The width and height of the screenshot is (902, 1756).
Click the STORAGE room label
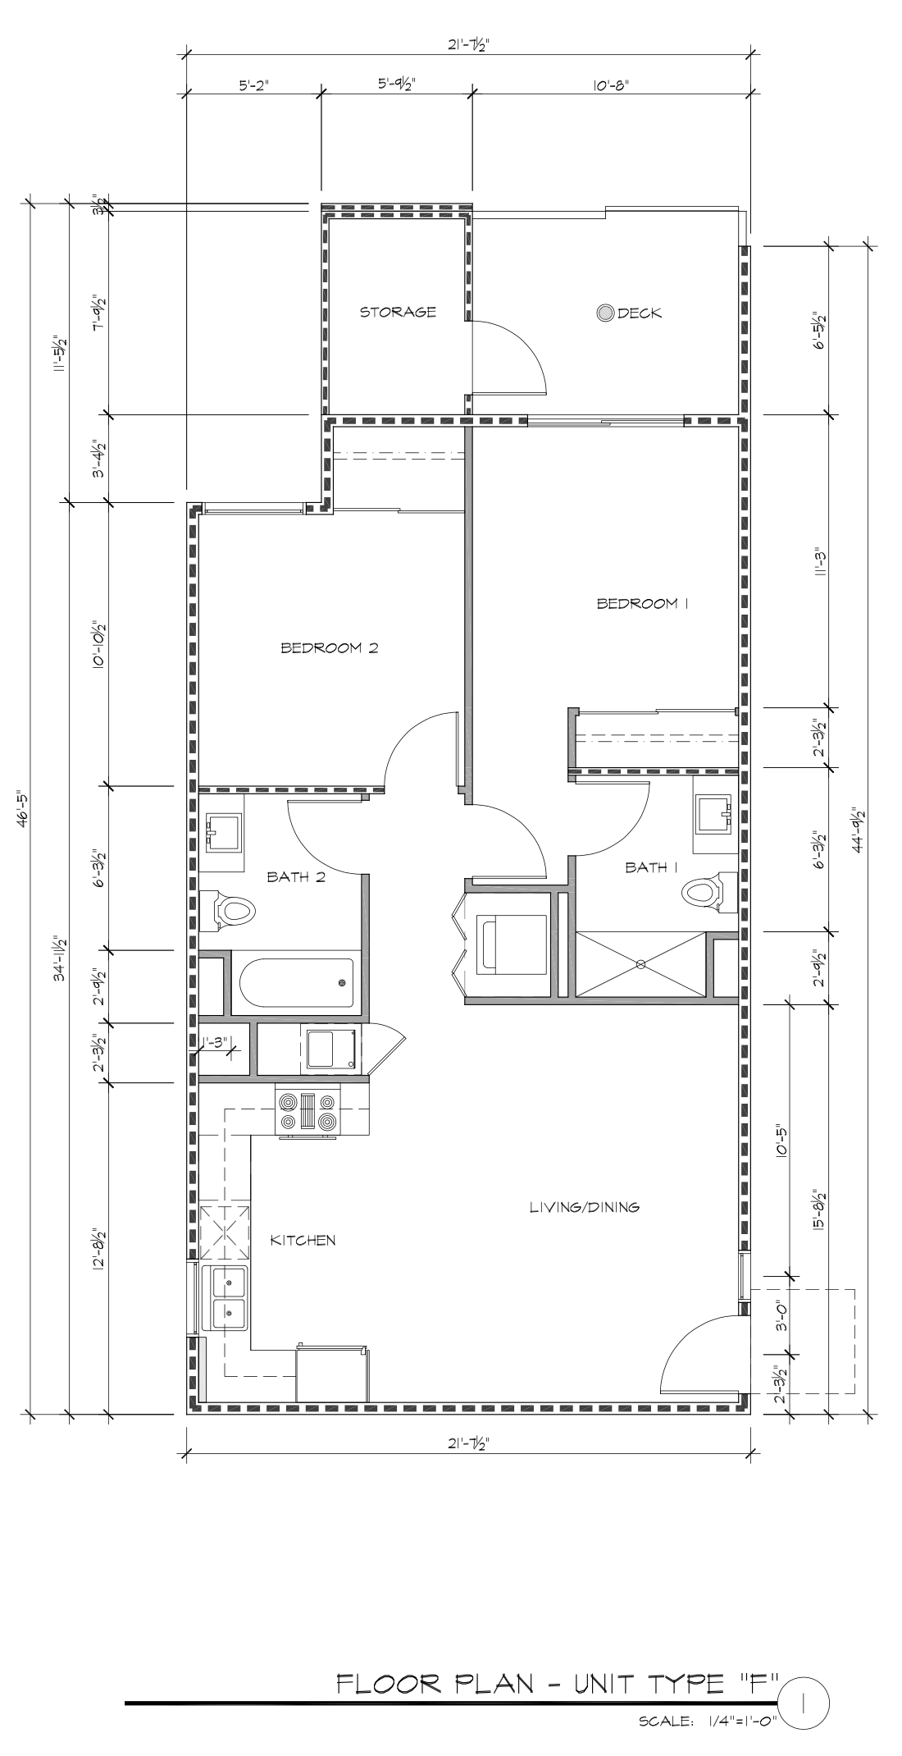click(398, 312)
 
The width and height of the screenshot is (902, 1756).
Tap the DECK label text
click(639, 313)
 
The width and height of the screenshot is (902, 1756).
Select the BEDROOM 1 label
click(642, 604)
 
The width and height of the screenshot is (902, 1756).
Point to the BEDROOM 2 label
click(329, 648)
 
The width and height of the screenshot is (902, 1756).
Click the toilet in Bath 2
click(227, 911)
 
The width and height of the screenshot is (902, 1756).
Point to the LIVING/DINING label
click(584, 1207)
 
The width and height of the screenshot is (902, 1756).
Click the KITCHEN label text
click(303, 1240)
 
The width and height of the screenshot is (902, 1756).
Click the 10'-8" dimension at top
click(610, 84)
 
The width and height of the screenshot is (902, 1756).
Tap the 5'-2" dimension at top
click(253, 84)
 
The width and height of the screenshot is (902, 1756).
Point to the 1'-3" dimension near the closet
click(215, 1042)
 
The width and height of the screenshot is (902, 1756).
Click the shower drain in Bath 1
click(640, 964)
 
